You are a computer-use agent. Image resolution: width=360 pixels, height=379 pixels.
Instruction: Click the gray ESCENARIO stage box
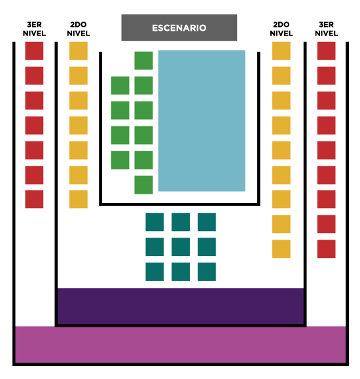(x=179, y=27)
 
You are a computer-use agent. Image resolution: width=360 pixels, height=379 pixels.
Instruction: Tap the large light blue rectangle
(x=202, y=121)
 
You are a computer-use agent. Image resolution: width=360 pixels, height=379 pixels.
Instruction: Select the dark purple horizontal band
(x=181, y=306)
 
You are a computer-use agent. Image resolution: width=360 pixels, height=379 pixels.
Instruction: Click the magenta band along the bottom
(x=181, y=345)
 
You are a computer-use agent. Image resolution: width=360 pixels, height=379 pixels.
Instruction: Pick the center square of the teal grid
(x=181, y=247)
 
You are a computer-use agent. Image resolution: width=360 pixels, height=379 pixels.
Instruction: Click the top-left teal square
(x=154, y=222)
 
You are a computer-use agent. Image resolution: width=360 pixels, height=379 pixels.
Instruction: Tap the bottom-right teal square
(x=207, y=272)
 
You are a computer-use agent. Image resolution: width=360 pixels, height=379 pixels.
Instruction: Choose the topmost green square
(x=143, y=61)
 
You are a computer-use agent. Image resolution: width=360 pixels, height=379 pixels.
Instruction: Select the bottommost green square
(x=143, y=185)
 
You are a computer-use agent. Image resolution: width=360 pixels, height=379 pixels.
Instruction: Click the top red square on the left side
(x=34, y=51)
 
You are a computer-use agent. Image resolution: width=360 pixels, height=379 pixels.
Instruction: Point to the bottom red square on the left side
(x=34, y=199)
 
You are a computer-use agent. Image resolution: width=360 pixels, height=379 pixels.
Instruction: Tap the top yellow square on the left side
(x=79, y=51)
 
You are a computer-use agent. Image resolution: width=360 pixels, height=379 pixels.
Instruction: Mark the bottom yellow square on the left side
(x=79, y=199)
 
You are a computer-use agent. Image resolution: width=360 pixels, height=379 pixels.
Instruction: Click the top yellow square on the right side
(x=281, y=51)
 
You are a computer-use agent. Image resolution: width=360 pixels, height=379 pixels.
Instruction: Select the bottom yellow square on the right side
(x=281, y=249)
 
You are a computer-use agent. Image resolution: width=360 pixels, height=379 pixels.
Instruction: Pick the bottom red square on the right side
(x=327, y=249)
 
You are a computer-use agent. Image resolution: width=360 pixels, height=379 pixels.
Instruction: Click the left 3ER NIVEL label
(x=34, y=29)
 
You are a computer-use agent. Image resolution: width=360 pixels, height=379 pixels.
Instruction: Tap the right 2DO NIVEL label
(x=281, y=29)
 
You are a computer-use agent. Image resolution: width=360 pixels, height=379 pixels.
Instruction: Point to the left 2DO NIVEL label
(x=79, y=29)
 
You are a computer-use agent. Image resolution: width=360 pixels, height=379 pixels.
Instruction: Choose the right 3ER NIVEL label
(x=327, y=29)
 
